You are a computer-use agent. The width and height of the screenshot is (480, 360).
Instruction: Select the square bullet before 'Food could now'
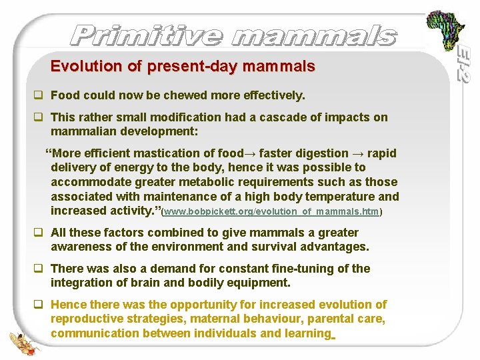coord(39,95)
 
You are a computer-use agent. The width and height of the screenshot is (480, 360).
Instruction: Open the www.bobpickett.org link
coord(272,211)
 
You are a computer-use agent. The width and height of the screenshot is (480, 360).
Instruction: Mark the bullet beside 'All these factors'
coord(39,233)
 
